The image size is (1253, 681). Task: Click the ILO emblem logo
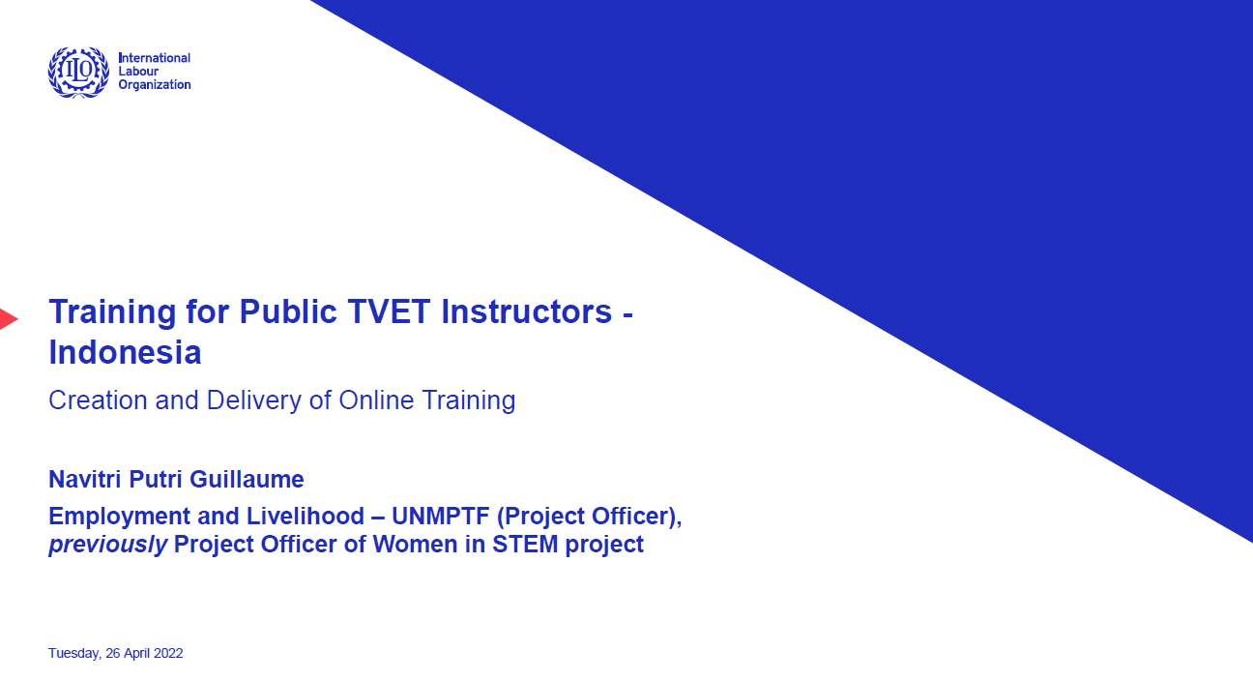pyautogui.click(x=78, y=73)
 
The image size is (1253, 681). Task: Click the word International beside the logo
pyautogui.click(x=155, y=58)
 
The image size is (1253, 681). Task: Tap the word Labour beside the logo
pyautogui.click(x=138, y=71)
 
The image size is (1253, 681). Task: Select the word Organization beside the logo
pyautogui.click(x=155, y=84)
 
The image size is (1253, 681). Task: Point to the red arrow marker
pyautogui.click(x=9, y=319)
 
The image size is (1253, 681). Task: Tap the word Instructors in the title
pyautogui.click(x=526, y=311)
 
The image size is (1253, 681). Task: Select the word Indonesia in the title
pyautogui.click(x=125, y=352)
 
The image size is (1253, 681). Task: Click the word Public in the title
pyautogui.click(x=288, y=311)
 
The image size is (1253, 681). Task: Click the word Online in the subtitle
pyautogui.click(x=376, y=400)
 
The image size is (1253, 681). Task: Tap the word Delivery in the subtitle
pyautogui.click(x=253, y=400)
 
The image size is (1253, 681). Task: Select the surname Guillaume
pyautogui.click(x=247, y=479)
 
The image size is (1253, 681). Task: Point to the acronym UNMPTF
pyautogui.click(x=441, y=516)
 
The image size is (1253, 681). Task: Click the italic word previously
pyautogui.click(x=108, y=545)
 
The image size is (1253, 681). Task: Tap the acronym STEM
pyautogui.click(x=525, y=544)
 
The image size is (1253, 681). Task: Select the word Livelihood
pyautogui.click(x=306, y=516)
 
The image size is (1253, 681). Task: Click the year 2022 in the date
pyautogui.click(x=168, y=653)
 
